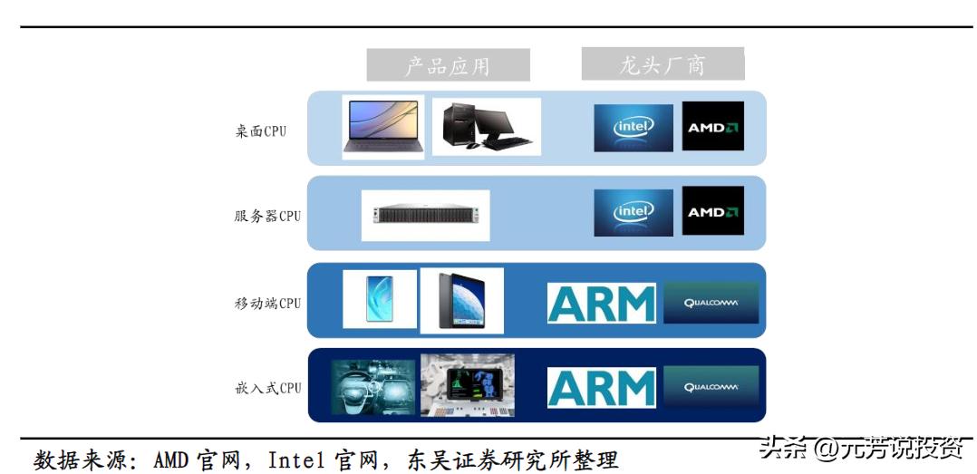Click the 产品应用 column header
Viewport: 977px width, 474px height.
pos(448,65)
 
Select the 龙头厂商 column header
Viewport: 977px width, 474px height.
pos(663,64)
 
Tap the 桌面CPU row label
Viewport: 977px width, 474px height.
pos(260,131)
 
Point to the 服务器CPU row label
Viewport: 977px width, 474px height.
pos(267,216)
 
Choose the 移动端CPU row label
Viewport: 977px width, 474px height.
pos(267,303)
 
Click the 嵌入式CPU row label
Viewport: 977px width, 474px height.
pos(267,388)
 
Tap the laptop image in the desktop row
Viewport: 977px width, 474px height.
pos(382,127)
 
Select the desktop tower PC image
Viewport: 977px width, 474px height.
pos(486,127)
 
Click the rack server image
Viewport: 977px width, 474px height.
pos(425,215)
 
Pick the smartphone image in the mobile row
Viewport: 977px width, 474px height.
pos(380,299)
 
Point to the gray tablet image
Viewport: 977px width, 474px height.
pos(461,299)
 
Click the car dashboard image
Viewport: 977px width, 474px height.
pos(372,387)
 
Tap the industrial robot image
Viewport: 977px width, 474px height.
pos(467,385)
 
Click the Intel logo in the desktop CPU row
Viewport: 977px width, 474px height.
pos(634,127)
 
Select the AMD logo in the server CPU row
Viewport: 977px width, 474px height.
pos(712,211)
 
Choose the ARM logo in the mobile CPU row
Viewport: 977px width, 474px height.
pos(601,303)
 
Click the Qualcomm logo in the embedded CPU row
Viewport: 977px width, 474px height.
pos(711,387)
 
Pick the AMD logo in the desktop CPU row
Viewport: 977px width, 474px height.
pos(712,127)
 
